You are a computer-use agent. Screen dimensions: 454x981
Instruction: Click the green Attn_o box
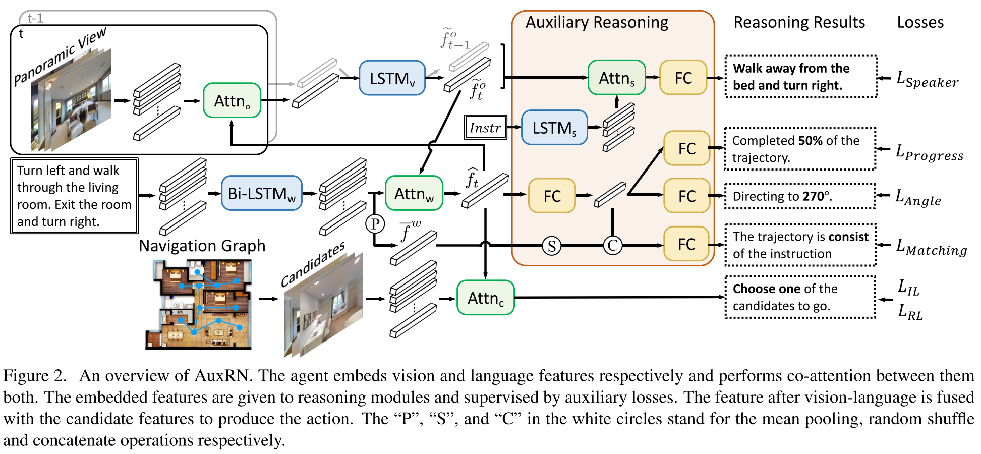232,101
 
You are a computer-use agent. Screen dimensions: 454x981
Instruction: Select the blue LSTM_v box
392,78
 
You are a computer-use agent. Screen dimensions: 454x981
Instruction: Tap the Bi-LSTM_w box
261,193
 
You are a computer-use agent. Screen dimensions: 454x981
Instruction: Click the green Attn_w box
414,193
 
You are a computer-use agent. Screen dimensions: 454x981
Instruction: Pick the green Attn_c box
485,298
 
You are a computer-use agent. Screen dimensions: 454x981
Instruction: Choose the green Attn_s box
616,78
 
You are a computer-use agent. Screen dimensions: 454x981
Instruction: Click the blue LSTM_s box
554,128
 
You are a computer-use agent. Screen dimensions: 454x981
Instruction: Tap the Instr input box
485,128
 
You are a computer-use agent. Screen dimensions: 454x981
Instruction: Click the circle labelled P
375,223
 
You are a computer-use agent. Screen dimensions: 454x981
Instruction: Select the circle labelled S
551,246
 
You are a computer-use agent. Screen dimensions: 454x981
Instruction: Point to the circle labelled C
612,246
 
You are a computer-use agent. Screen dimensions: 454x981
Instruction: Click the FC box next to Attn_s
683,78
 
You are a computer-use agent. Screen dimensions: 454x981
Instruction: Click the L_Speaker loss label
927,80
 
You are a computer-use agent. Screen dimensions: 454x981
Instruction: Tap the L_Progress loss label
929,153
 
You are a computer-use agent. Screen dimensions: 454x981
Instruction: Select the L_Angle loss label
918,198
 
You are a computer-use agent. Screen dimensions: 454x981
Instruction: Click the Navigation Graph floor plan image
199,304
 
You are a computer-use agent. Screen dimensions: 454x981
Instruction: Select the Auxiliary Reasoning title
597,23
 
